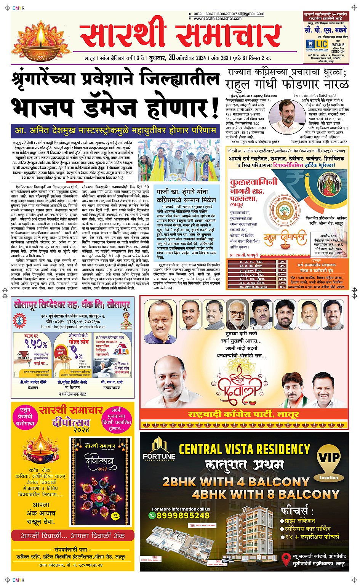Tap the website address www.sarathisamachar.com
(218, 18)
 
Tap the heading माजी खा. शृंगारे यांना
(182, 192)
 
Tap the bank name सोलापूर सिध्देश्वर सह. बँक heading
(72, 305)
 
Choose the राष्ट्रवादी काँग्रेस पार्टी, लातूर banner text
(243, 414)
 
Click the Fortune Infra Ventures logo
(159, 450)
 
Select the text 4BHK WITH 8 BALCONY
(266, 495)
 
